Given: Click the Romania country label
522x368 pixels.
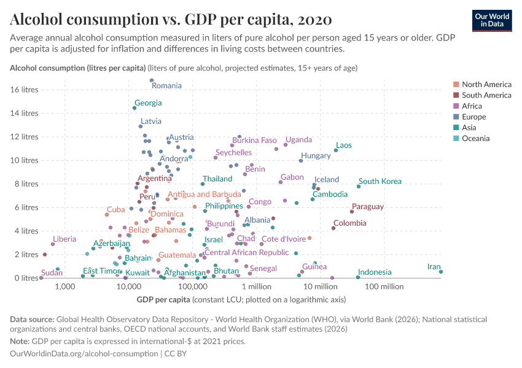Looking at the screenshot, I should (166, 86).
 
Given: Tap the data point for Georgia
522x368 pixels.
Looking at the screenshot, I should (134, 108).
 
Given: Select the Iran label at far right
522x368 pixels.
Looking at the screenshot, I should (434, 267).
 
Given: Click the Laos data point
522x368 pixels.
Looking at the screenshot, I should (336, 150).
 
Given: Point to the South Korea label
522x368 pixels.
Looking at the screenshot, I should (380, 182).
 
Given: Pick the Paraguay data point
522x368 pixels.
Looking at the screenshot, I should (352, 212).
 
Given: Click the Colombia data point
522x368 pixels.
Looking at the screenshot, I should (333, 228).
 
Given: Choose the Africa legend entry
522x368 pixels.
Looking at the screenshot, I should (473, 106).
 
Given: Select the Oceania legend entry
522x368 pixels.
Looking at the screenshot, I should (476, 139).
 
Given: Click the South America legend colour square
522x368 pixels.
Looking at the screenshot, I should (456, 95).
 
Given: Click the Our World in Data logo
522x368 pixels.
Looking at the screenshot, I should (492, 20).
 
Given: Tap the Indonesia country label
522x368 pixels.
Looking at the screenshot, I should (375, 272).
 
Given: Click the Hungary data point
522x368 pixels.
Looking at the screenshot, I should (301, 161).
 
